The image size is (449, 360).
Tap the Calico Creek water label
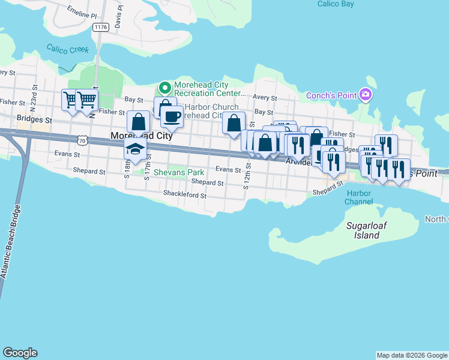coord(68,49)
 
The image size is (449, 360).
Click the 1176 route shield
coord(101,27)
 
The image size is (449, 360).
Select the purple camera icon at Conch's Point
coord(364,95)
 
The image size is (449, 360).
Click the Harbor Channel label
coord(358,197)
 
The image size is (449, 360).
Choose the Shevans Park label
coord(179,172)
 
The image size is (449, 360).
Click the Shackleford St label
coord(185,194)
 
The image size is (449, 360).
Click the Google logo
coord(20,353)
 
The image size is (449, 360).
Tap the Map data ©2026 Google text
coord(412,355)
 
